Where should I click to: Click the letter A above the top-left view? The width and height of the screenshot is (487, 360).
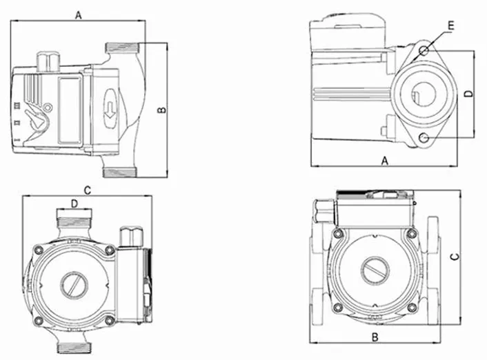tap(79, 14)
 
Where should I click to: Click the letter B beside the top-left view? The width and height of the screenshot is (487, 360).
tap(162, 110)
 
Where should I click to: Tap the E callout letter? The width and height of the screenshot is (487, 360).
tap(451, 26)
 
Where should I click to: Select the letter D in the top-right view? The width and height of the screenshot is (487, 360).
tap(469, 94)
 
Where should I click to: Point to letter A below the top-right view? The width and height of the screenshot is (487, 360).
tap(385, 161)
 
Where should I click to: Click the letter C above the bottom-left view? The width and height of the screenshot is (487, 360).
tap(88, 190)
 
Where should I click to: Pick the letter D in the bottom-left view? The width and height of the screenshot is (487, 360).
tap(74, 203)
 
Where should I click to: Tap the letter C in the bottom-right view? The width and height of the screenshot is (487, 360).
tap(455, 257)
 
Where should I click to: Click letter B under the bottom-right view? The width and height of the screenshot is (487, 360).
tap(375, 337)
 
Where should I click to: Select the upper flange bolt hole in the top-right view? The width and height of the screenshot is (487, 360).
tap(424, 50)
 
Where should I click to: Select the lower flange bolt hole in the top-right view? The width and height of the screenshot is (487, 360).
tap(424, 137)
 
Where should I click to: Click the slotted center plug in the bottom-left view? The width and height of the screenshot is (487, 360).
tap(74, 285)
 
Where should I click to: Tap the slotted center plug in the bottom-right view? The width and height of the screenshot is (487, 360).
tap(375, 271)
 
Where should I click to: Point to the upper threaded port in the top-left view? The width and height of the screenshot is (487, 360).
tap(122, 48)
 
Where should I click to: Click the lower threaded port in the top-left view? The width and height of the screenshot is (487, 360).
tap(119, 173)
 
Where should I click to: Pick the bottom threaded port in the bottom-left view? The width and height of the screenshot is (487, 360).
tap(74, 348)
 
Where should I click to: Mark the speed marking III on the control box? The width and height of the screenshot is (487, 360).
tap(17, 106)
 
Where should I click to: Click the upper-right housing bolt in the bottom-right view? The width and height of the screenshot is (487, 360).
tap(412, 233)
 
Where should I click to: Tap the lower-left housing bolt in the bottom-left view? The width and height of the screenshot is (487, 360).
tap(39, 321)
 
